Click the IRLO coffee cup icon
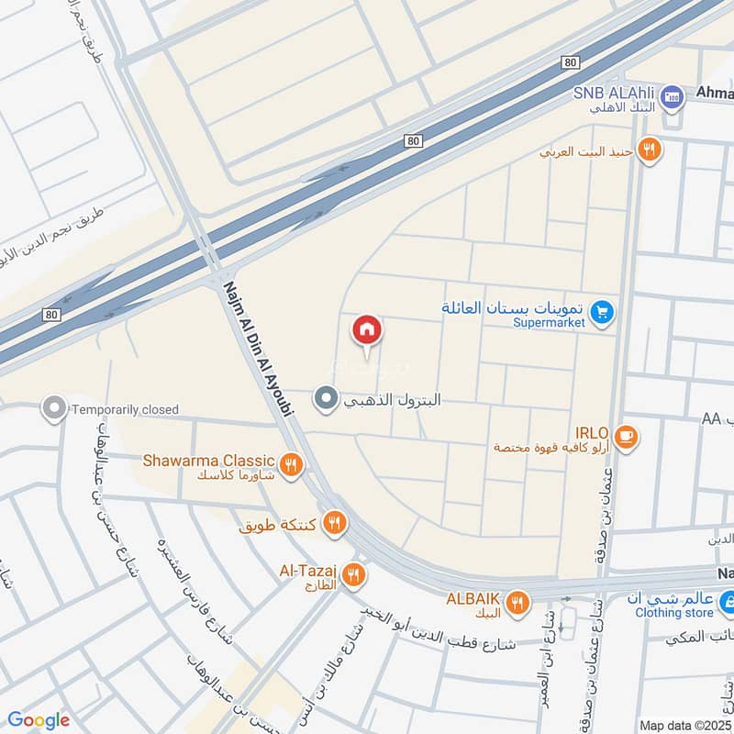tap(627, 436)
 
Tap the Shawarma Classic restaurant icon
tap(292, 465)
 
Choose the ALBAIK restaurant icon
tap(517, 602)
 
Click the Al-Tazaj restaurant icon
tap(353, 576)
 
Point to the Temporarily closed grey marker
tap(55, 409)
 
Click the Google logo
tap(39, 720)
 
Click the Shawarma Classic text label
tap(208, 460)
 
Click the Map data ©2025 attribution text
tap(683, 725)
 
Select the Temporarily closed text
tap(126, 409)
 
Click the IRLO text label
tap(592, 431)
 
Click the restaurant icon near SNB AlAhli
tap(650, 149)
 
